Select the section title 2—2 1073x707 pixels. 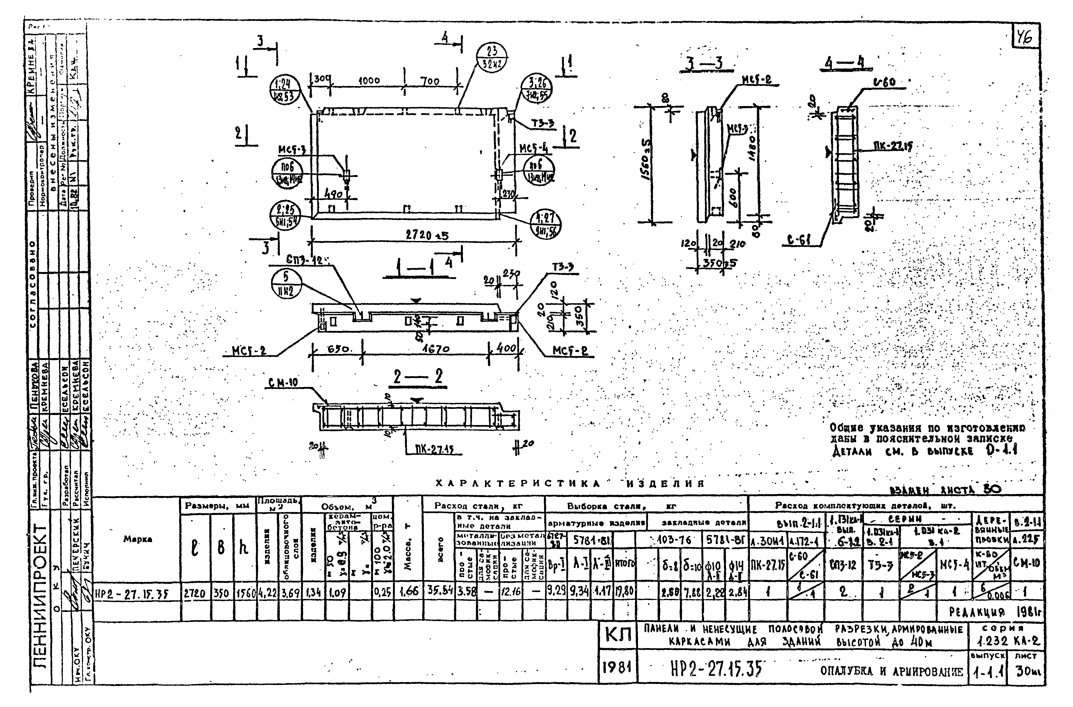(x=418, y=377)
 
